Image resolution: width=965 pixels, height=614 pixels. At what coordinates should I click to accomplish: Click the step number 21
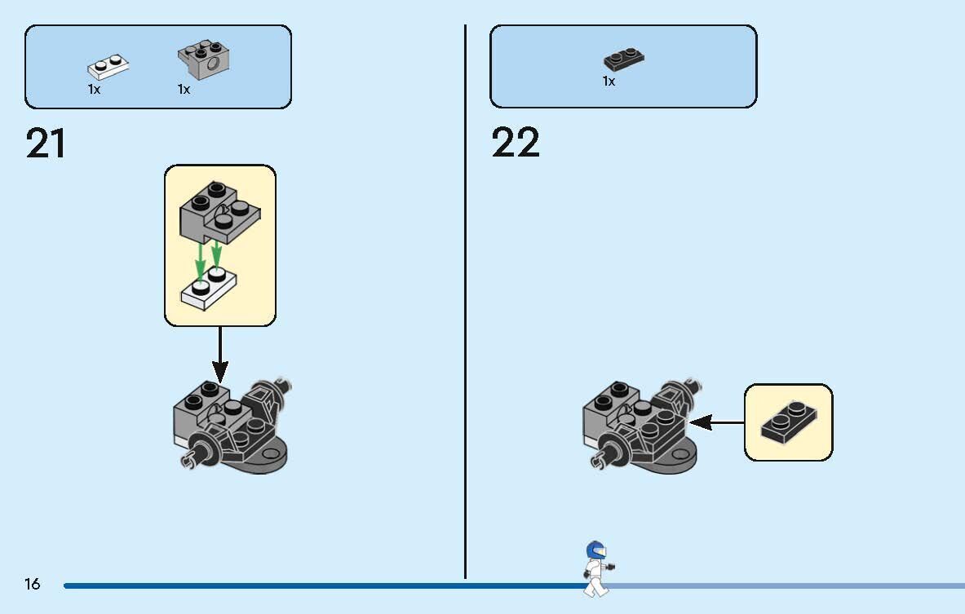[46, 144]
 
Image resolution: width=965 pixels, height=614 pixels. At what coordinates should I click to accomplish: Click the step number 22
[515, 143]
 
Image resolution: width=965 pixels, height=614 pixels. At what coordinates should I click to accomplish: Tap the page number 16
[32, 583]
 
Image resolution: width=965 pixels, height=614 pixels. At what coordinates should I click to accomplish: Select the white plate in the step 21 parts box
[108, 66]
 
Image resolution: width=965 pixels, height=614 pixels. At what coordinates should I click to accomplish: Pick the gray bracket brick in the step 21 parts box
[204, 60]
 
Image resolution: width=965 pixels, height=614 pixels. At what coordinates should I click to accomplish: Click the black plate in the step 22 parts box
[624, 59]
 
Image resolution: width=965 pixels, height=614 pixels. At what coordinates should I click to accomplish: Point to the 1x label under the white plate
[94, 89]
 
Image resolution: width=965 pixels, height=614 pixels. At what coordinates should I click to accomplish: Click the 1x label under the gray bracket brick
[184, 89]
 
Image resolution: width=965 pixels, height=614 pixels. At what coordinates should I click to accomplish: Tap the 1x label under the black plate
[609, 82]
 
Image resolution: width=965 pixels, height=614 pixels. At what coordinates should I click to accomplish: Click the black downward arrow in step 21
[220, 355]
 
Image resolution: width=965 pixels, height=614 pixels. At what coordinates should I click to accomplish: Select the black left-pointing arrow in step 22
[716, 422]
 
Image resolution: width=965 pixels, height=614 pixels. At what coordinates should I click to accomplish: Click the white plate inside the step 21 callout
[209, 289]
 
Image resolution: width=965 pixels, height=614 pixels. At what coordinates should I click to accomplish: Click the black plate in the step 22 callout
[789, 422]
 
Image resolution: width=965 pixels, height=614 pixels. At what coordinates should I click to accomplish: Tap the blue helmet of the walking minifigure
[595, 550]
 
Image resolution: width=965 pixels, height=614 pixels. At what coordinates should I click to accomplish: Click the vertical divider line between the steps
[465, 302]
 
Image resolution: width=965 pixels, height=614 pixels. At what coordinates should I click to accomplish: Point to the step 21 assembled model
[232, 426]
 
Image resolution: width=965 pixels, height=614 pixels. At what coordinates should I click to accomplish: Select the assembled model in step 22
[642, 426]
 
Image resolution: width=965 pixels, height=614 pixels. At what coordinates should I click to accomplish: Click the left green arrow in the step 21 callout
[200, 262]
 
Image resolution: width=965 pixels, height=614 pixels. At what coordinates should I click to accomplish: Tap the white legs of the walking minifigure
[595, 586]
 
